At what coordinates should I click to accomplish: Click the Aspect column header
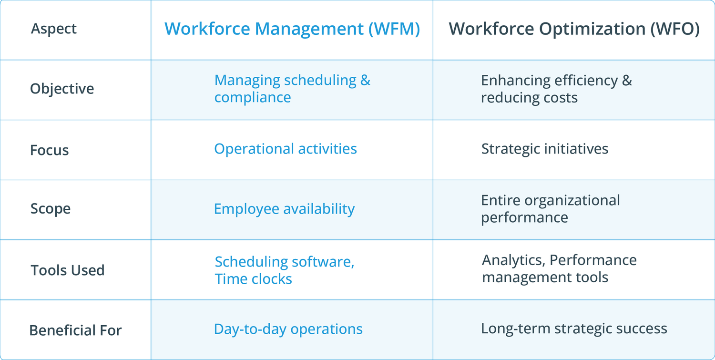point(54,29)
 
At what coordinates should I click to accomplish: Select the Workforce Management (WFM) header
point(292,29)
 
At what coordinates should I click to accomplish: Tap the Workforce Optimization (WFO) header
point(574,29)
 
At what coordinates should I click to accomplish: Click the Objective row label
point(62,89)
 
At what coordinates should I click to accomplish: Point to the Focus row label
point(50,150)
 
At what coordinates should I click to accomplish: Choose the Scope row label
point(51,209)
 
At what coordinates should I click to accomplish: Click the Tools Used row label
point(67,270)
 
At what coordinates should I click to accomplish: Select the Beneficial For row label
point(75,330)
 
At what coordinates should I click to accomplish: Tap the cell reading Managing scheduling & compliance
point(292,89)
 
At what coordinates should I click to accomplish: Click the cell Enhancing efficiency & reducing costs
point(556,89)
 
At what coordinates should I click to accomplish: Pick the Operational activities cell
point(285,149)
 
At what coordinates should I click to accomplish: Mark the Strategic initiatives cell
point(544,149)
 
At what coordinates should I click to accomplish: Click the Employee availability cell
point(284,209)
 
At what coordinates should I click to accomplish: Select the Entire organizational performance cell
point(550,209)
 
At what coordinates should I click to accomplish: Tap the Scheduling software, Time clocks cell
point(284,270)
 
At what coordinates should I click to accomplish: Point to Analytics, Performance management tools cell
point(559,268)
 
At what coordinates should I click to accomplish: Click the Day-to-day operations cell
point(288,329)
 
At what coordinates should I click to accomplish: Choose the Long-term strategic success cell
point(574,329)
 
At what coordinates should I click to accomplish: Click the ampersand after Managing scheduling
point(365,80)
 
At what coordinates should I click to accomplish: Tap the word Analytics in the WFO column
point(513,260)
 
